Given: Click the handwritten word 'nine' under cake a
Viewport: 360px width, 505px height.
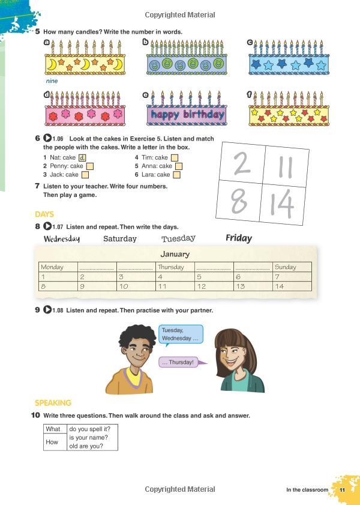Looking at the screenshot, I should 52,80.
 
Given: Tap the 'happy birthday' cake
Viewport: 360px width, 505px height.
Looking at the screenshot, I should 186,114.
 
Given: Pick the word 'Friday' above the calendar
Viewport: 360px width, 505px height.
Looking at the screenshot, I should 239,238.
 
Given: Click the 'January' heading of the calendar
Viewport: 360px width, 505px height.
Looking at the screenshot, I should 175,254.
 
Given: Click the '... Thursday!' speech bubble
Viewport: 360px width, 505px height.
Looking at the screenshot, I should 178,362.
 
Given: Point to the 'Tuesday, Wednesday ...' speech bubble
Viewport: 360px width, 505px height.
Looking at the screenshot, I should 181,334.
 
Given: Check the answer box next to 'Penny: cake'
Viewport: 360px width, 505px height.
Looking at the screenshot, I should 90,166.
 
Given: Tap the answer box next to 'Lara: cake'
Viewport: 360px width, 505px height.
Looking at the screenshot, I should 176,175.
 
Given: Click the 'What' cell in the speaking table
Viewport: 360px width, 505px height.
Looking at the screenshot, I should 53,429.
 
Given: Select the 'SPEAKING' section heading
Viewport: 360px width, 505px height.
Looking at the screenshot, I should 53,403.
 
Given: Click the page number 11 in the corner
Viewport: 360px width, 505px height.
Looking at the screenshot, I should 342,490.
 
